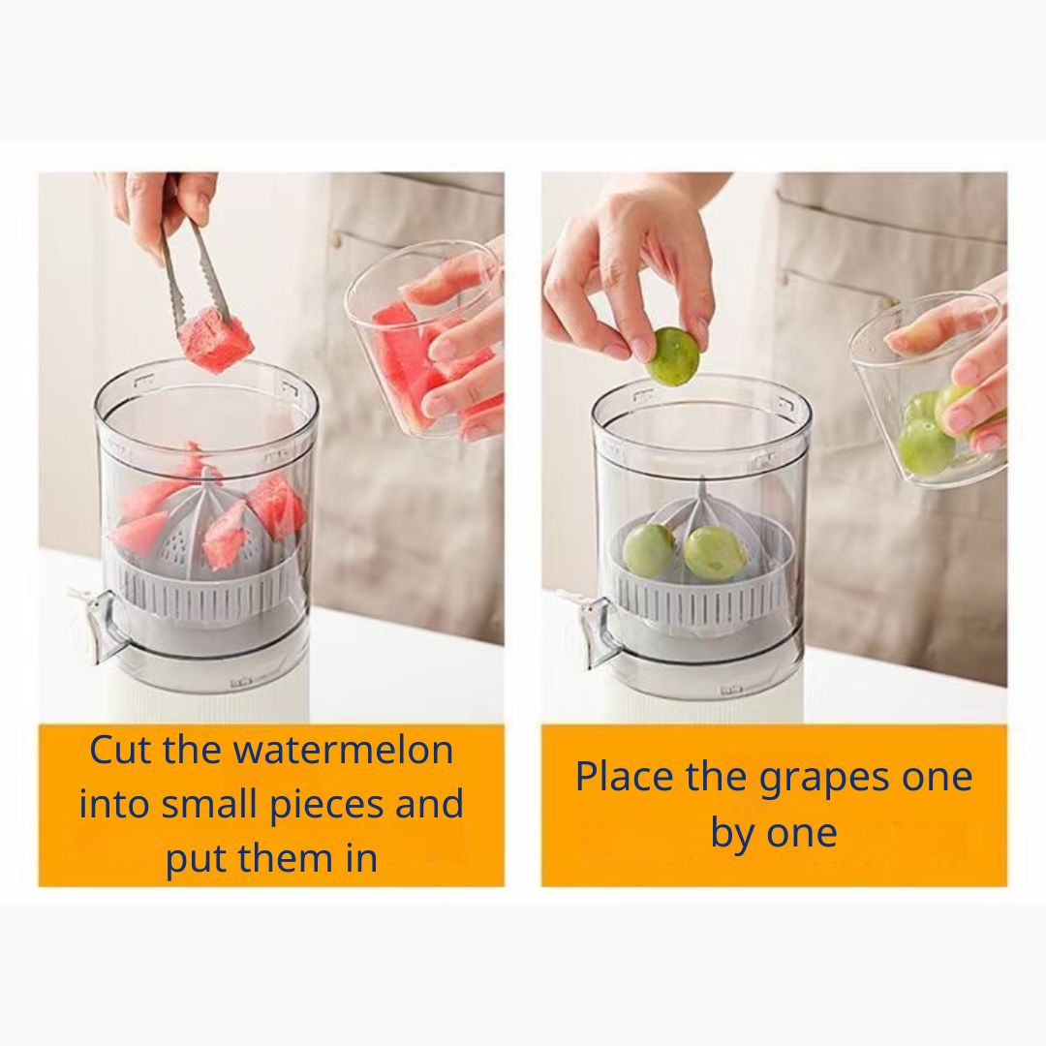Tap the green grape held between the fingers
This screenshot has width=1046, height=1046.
pos(673,356)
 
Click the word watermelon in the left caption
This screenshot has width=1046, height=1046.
pos(343,750)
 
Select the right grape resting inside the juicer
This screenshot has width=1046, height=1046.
pos(713,553)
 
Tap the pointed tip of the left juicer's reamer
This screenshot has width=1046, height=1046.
pos(208,470)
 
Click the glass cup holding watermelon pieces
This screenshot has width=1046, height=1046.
pos(421,340)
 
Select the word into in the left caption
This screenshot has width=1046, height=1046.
pos(115,804)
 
